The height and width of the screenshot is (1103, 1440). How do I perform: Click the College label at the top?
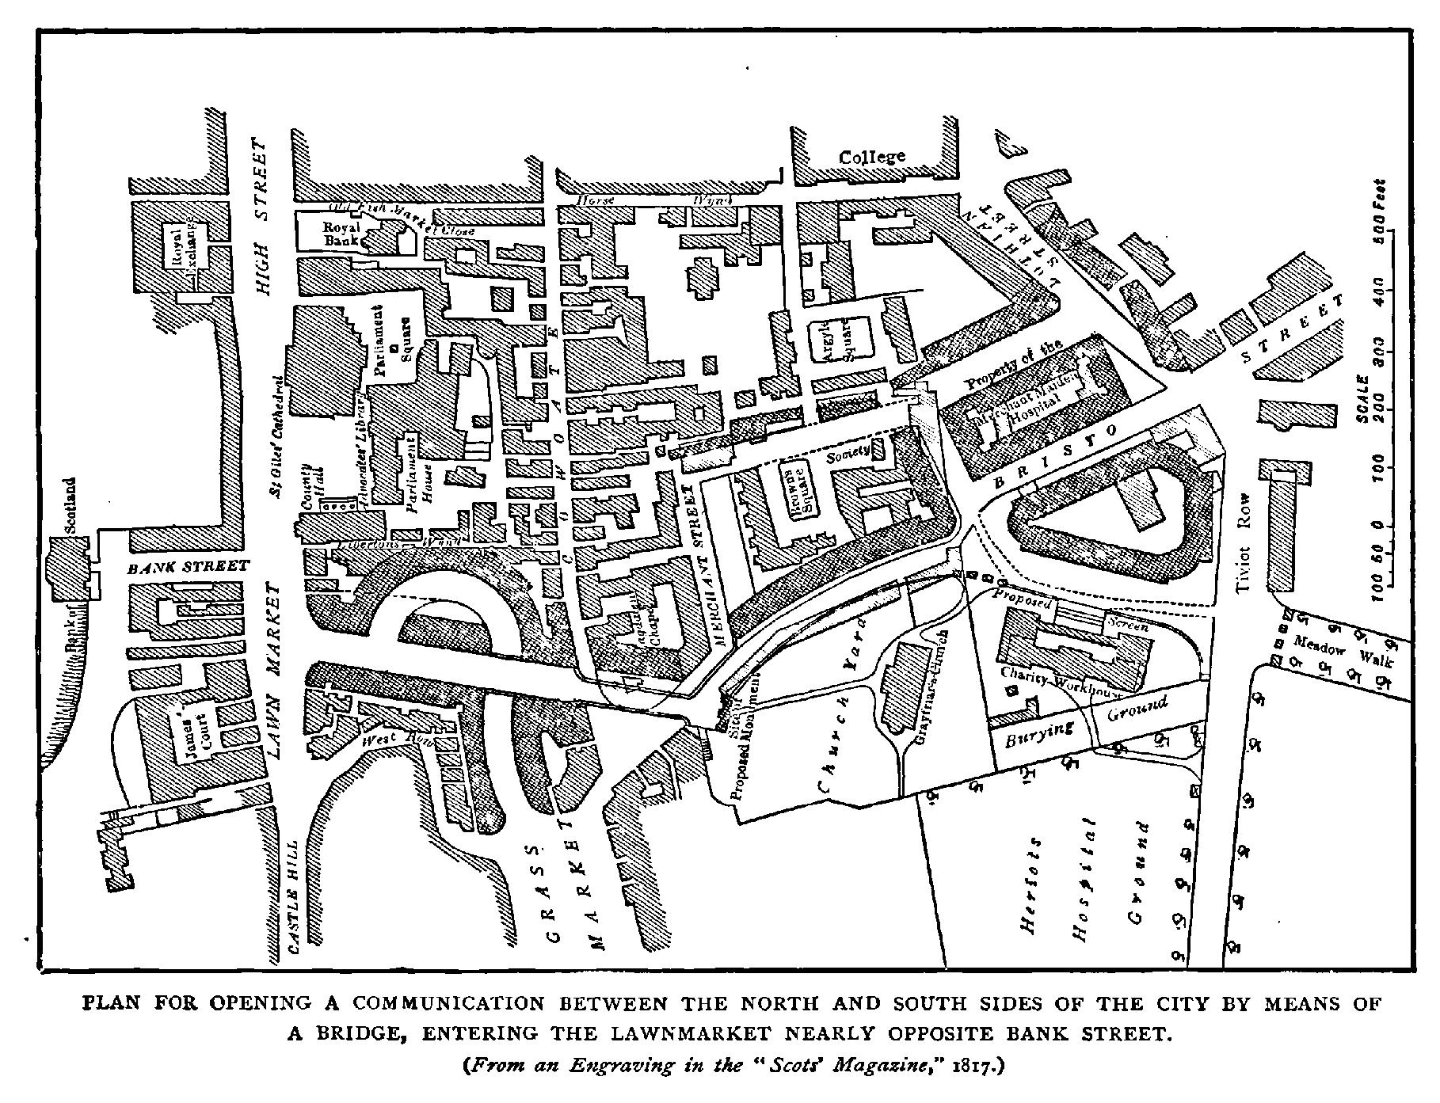tap(872, 157)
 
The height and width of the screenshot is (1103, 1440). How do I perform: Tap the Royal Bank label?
tap(341, 233)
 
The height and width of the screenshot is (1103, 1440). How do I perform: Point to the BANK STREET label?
tap(189, 566)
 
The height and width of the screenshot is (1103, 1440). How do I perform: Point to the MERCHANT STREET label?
tap(699, 565)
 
